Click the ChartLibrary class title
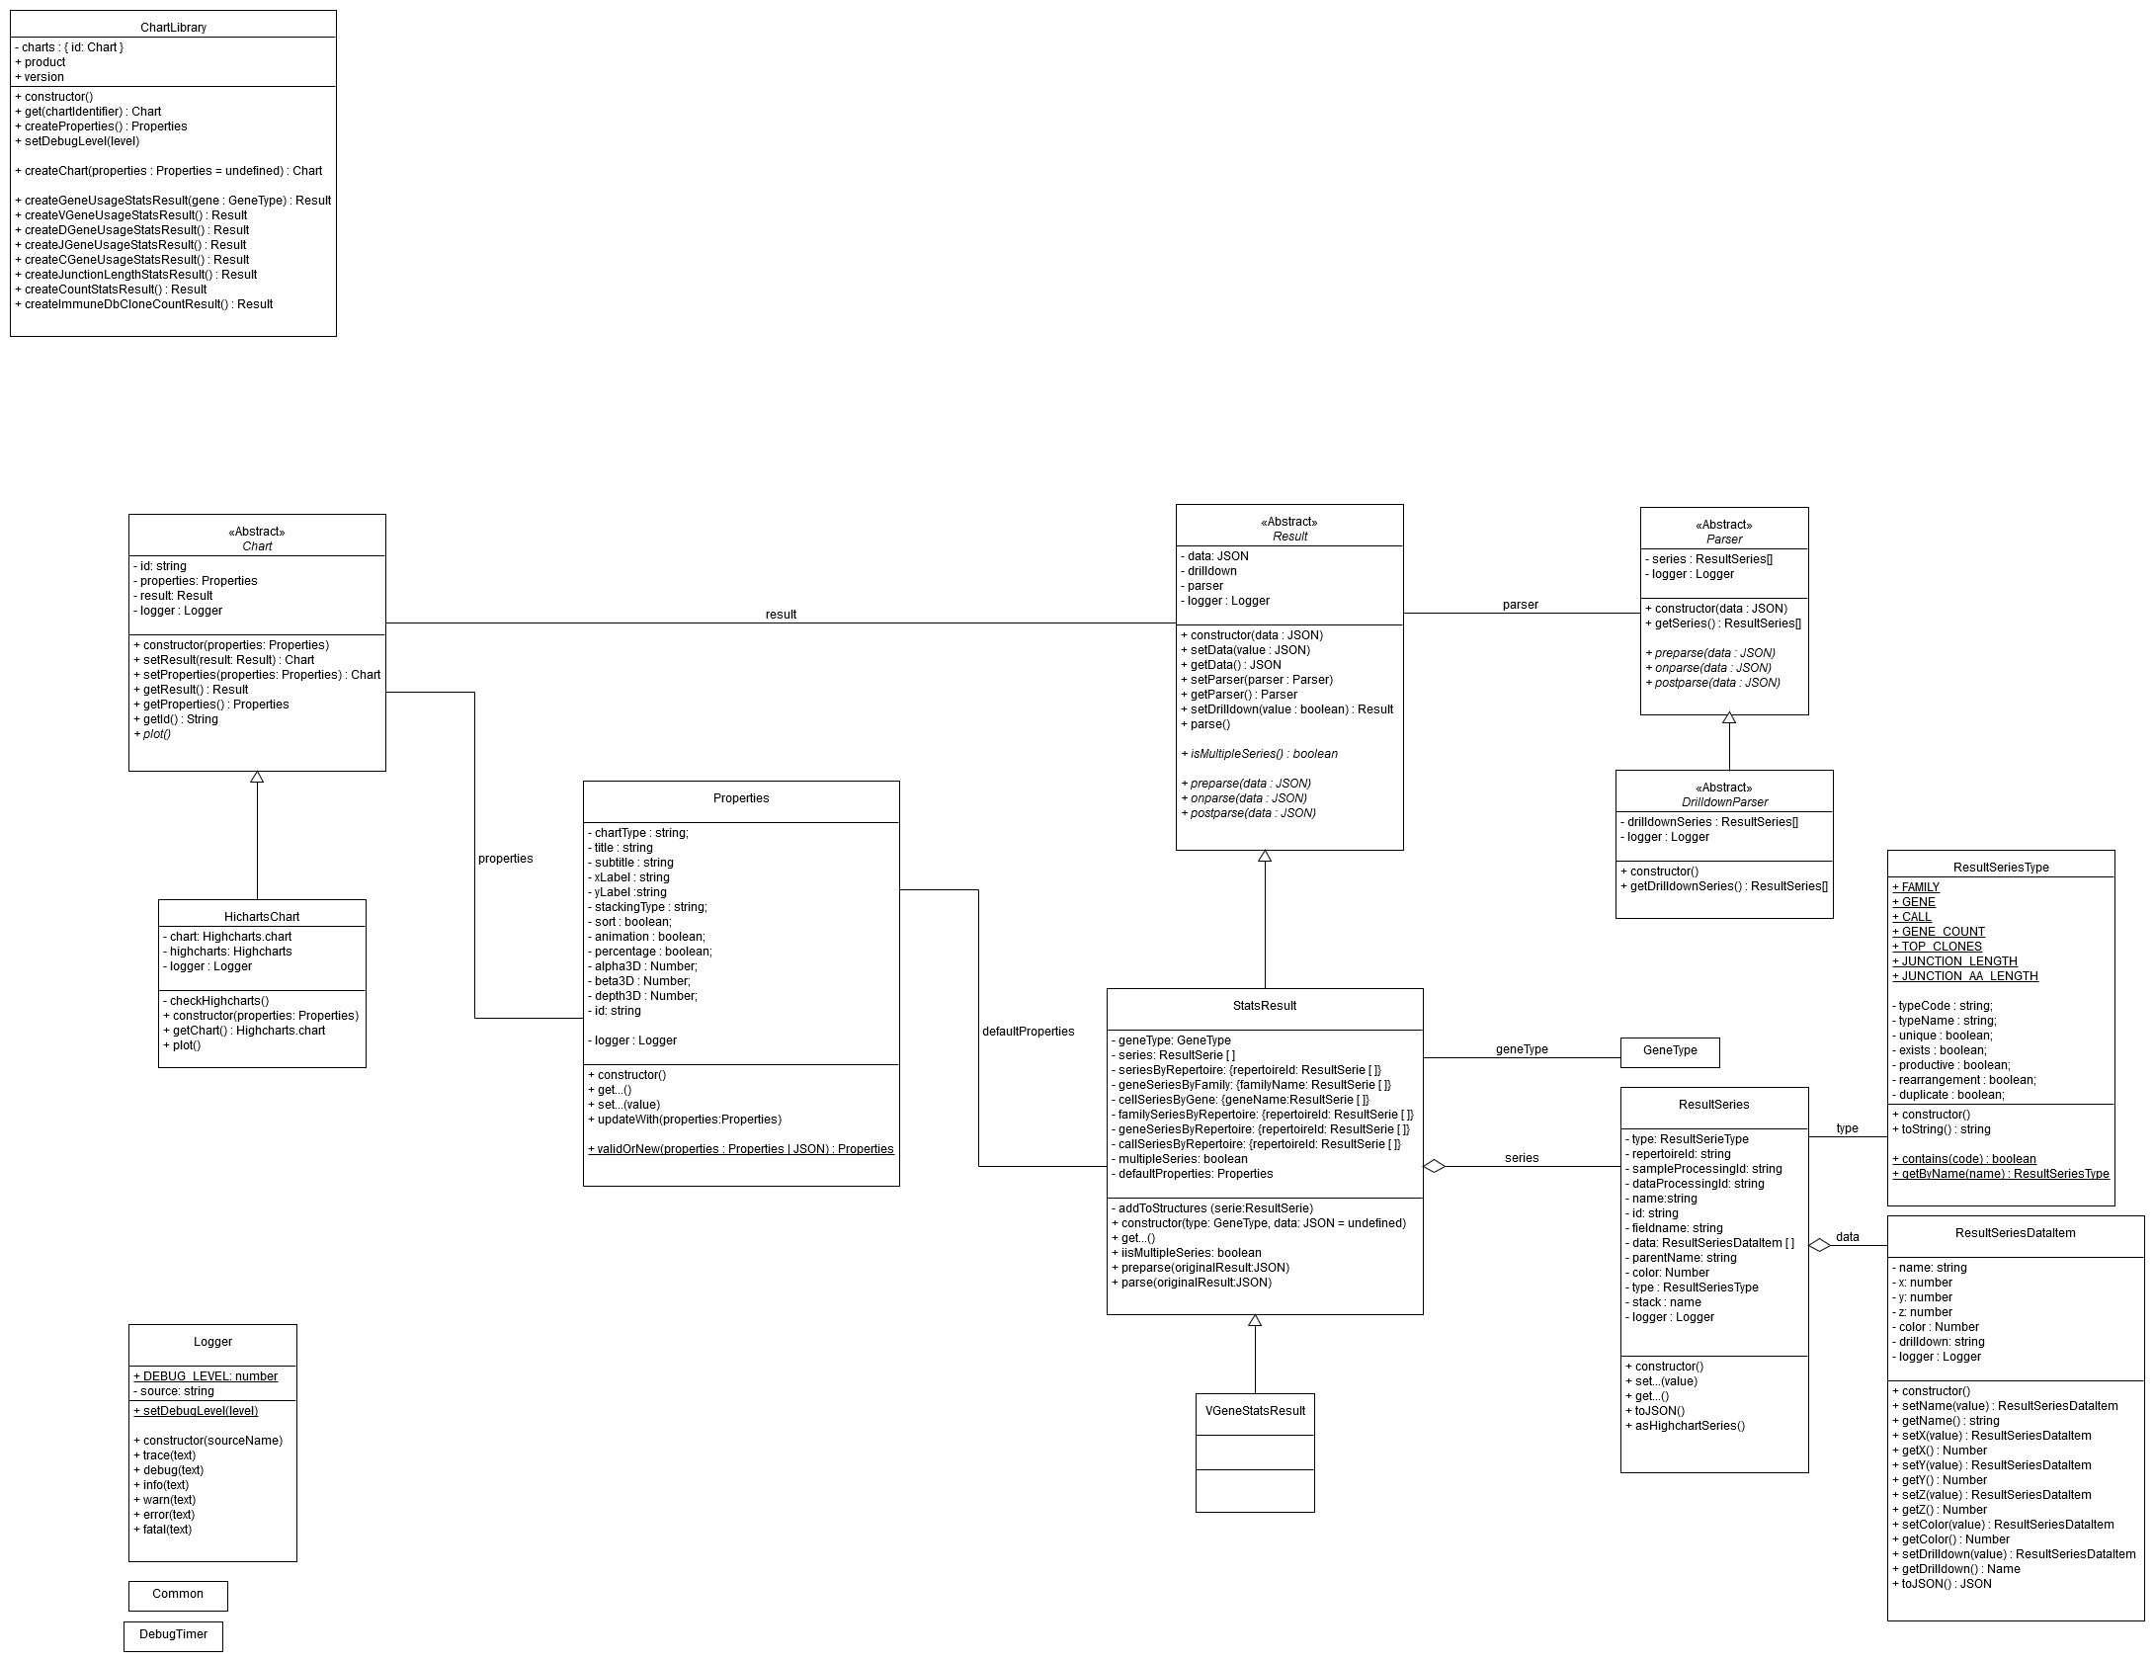pyautogui.click(x=173, y=28)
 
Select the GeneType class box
pyautogui.click(x=1670, y=1050)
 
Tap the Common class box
pyautogui.click(x=178, y=1594)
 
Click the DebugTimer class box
pyautogui.click(x=173, y=1634)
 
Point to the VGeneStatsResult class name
pyautogui.click(x=1255, y=1411)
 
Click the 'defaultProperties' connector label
pyautogui.click(x=1028, y=1032)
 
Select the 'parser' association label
pyautogui.click(x=1520, y=605)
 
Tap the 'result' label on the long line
pyautogui.click(x=781, y=615)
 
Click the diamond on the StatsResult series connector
pyautogui.click(x=1434, y=1167)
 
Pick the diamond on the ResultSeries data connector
pyautogui.click(x=1819, y=1246)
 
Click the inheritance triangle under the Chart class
pyautogui.click(x=257, y=778)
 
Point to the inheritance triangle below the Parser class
pyautogui.click(x=1729, y=718)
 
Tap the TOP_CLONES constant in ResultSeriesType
pyautogui.click(x=1937, y=947)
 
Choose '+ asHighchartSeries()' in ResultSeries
pyautogui.click(x=1686, y=1426)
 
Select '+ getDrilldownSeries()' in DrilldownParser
pyautogui.click(x=1724, y=886)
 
